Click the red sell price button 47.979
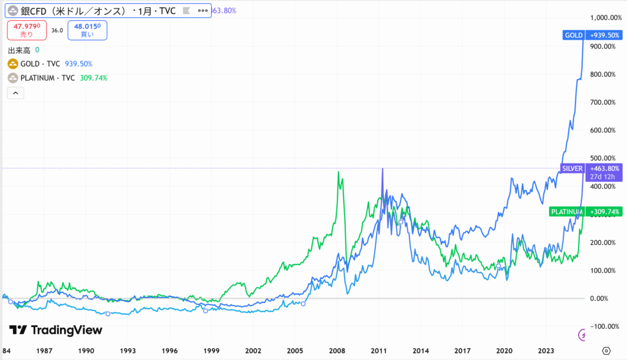[x=28, y=29]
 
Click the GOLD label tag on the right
[x=573, y=35]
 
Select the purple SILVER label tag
[x=572, y=168]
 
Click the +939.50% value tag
[x=604, y=35]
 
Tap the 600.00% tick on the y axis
[x=604, y=130]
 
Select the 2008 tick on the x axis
[x=337, y=351]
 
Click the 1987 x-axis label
[x=44, y=351]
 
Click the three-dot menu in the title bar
[x=203, y=11]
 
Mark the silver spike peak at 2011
[x=383, y=168]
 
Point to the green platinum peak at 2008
[x=339, y=172]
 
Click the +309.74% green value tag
[x=604, y=212]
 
